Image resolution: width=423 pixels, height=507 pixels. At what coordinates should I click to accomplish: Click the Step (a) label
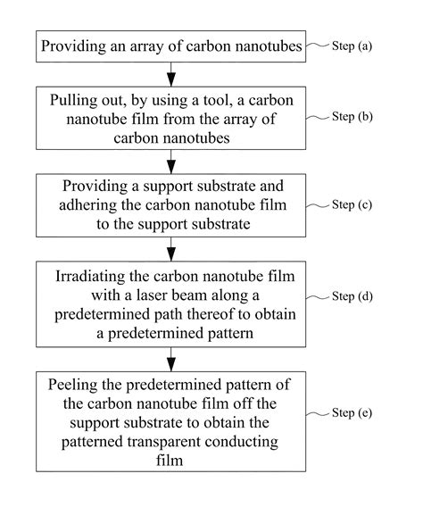coord(352,46)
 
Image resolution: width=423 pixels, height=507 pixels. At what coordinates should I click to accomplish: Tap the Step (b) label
coord(352,116)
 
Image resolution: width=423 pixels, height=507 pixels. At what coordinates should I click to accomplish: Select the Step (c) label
coord(352,204)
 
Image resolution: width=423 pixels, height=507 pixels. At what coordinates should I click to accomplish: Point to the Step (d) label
coord(352,296)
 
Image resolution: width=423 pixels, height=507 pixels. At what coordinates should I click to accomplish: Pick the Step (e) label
coord(352,413)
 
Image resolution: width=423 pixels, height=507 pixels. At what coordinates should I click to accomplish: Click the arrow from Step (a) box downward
coord(171,74)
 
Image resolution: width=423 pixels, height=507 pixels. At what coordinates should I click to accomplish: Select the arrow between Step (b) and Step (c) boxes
coord(171,162)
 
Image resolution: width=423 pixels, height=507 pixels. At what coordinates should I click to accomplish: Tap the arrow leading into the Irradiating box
coord(171,249)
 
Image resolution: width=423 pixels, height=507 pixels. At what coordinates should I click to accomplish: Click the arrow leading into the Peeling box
coord(171,359)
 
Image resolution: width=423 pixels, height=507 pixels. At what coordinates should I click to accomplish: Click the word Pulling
coord(69,101)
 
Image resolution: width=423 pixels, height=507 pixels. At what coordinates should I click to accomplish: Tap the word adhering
coord(87,205)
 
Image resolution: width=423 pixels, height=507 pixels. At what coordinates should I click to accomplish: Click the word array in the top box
coord(147,47)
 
